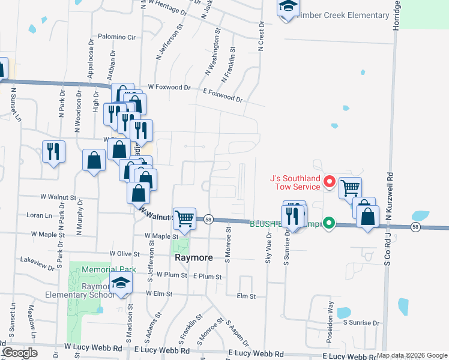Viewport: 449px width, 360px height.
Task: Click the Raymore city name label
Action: [x=193, y=257]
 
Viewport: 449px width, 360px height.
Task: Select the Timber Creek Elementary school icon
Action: [x=289, y=7]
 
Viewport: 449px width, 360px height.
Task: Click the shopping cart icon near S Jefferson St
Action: [x=184, y=219]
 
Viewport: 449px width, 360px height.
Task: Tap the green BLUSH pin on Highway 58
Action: [x=328, y=223]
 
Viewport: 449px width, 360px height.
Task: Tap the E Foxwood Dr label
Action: [x=223, y=95]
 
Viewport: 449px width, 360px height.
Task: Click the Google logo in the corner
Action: [x=20, y=353]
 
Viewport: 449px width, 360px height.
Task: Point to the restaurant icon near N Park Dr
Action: [x=54, y=152]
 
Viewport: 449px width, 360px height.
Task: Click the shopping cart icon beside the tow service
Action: [x=350, y=188]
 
